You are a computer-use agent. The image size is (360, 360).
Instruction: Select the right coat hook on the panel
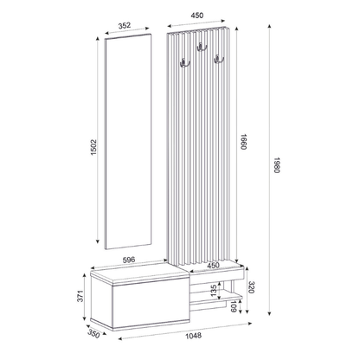coord(220,59)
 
